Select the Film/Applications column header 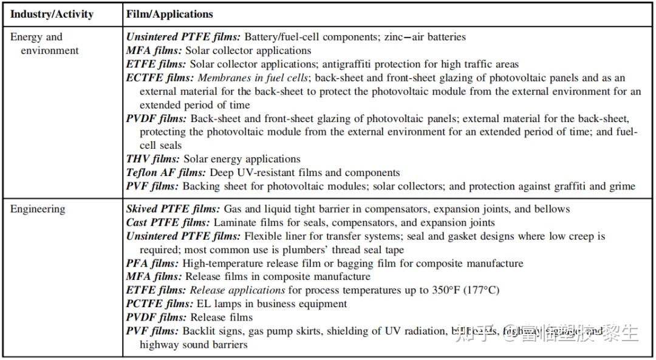pos(169,14)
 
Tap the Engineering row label pos(37,209)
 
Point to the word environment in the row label pos(50,50)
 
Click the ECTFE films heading pos(160,78)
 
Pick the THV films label pos(152,159)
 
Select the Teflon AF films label pos(166,172)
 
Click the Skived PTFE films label pos(173,209)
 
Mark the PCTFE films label pos(159,304)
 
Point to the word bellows pos(551,209)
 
